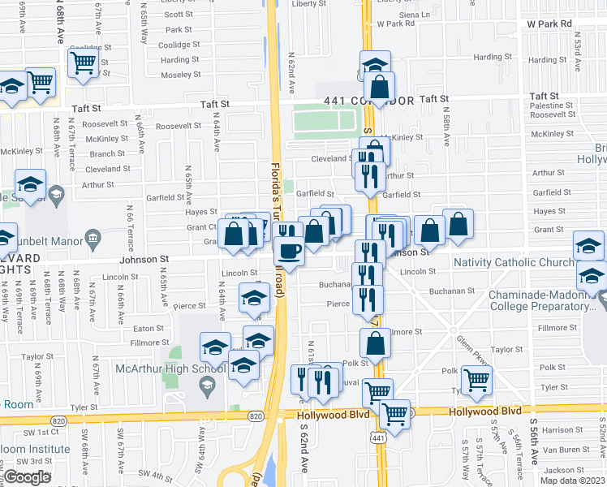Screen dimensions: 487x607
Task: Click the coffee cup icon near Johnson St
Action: [x=290, y=252]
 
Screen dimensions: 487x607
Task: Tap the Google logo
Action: [x=27, y=476]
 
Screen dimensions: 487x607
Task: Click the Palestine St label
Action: [x=551, y=106]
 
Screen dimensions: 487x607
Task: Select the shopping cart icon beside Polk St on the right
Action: [x=476, y=378]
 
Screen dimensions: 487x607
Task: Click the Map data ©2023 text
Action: [x=573, y=481]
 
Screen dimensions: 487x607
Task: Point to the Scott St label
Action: [x=178, y=15]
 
